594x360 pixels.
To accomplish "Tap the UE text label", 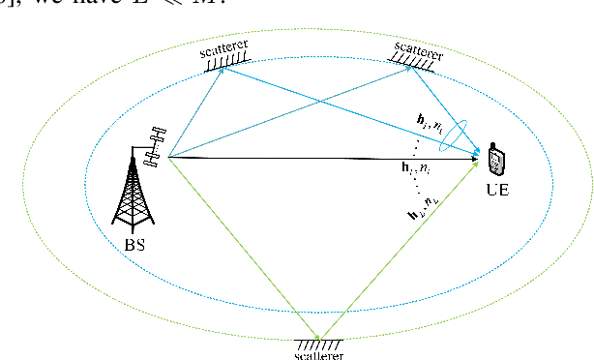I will point(496,190).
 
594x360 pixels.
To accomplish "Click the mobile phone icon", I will point(496,160).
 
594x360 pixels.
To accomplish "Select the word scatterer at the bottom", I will point(320,353).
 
